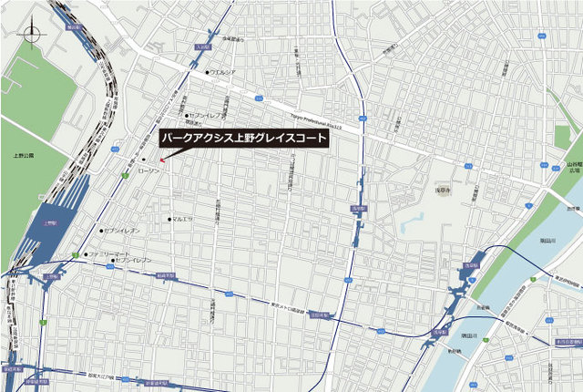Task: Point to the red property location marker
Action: [162, 161]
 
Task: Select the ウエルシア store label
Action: [224, 72]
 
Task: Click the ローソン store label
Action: [148, 170]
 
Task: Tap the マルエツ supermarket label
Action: [183, 219]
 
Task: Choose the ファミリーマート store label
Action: [110, 253]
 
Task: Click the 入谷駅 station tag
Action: [202, 44]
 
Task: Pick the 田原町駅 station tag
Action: [319, 315]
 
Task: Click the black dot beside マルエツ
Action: [169, 219]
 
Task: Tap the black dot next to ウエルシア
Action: [209, 72]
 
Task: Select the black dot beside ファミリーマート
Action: [87, 253]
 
